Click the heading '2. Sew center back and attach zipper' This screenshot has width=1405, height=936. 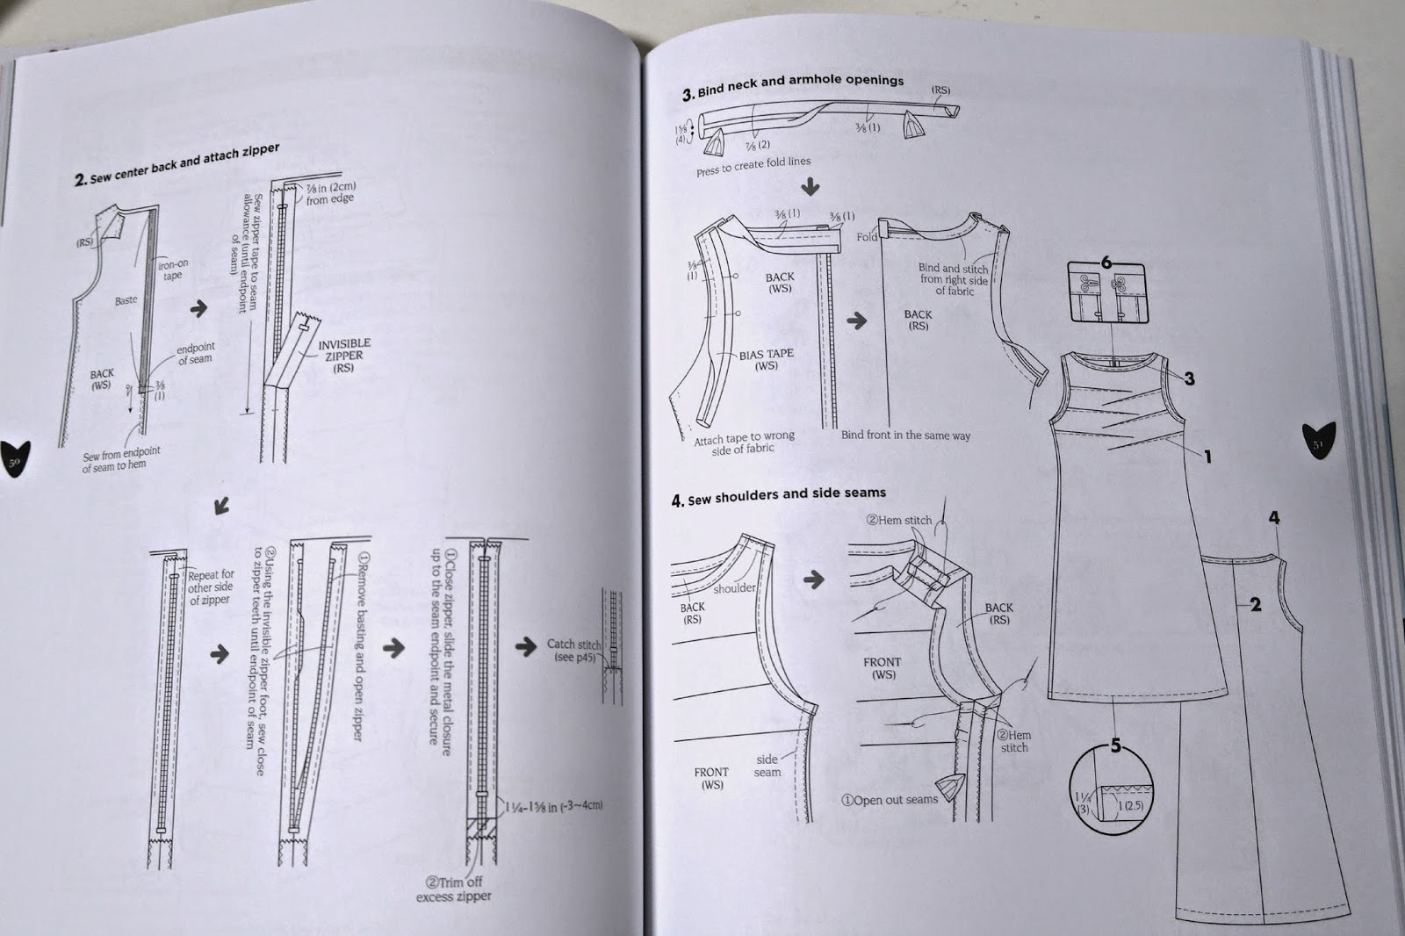[177, 165]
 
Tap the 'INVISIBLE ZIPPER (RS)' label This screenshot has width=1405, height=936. [344, 355]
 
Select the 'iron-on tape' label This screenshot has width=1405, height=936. [172, 269]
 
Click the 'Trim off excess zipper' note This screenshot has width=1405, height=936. [454, 889]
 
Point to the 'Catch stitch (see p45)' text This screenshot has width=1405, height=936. [573, 650]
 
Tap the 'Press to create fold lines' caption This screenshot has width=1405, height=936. [753, 166]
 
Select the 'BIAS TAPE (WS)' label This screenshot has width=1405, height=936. [766, 359]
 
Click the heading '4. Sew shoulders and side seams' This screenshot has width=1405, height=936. [779, 496]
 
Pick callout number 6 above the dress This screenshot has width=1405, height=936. [1106, 263]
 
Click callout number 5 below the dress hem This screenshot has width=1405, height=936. [1115, 745]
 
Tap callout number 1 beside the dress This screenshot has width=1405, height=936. [1207, 456]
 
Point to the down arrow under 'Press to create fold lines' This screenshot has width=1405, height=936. [811, 187]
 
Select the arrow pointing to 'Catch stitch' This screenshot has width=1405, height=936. [525, 647]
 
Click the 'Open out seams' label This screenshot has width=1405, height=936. [890, 800]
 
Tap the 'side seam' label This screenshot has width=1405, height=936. [767, 766]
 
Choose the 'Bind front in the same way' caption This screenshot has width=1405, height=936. [905, 435]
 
